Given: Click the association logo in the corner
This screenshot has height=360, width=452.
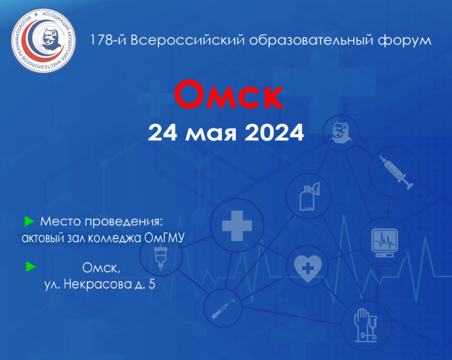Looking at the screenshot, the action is tap(43, 41).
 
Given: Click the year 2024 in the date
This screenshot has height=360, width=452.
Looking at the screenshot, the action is tap(274, 132).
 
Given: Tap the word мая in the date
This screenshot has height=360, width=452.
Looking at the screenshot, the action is tap(211, 134).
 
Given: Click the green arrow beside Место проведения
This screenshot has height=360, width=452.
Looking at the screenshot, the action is tap(29, 221).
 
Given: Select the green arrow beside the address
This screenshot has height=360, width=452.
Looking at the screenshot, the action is tap(30, 266).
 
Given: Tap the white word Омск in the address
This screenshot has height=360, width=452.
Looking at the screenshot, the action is tap(101, 268).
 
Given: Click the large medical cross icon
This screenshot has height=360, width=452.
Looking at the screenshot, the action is tap(237, 226).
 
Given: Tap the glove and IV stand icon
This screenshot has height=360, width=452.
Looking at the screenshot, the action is tap(365, 325).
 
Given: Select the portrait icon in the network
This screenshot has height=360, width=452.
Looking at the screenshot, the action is tap(341, 132).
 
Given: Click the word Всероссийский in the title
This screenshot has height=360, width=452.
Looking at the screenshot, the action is tap(188, 40).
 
